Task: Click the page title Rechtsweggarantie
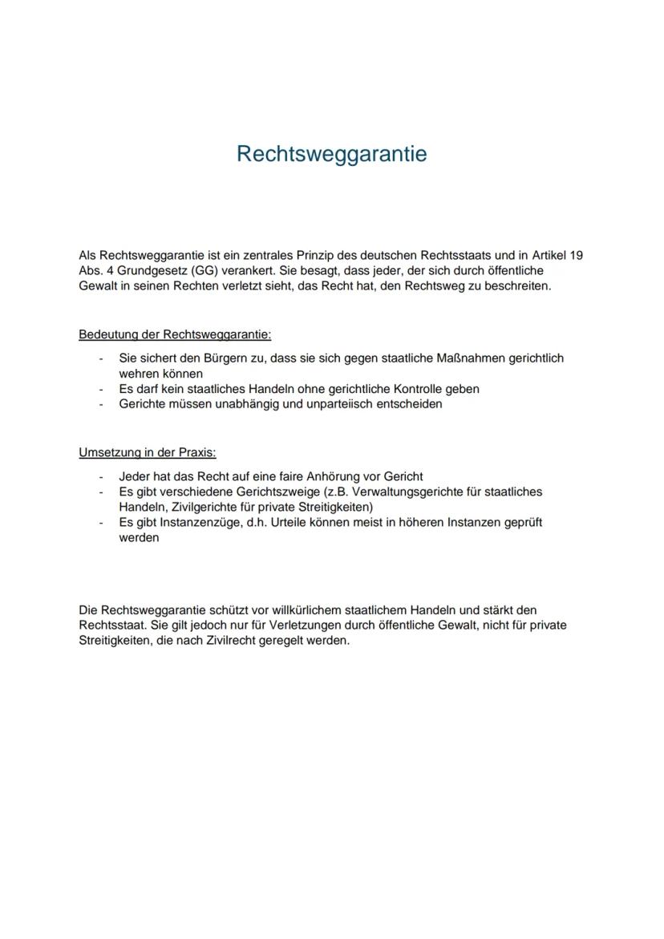point(331,153)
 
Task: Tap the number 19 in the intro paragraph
point(576,255)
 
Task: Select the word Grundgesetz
point(151,270)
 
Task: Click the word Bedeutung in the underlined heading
point(108,334)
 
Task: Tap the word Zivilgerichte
point(209,507)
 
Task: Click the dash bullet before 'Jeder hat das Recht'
point(102,476)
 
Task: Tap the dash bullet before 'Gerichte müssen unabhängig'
point(102,404)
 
